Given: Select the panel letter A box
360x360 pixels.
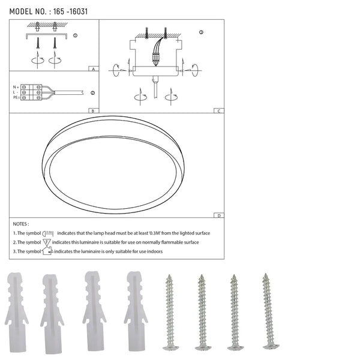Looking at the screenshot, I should click(x=93, y=69).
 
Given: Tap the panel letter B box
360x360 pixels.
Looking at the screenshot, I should click(x=93, y=110).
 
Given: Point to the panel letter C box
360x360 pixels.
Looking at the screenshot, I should click(x=220, y=110).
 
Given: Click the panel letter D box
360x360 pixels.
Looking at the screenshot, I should click(x=220, y=215).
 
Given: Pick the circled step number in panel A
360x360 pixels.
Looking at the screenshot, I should click(x=75, y=35).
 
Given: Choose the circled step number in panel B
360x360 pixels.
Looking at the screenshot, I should click(x=92, y=93).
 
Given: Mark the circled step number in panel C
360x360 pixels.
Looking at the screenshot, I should click(x=201, y=31).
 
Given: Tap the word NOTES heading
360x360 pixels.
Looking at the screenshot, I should click(x=20, y=223).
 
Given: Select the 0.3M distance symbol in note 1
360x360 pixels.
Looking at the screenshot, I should click(x=49, y=232).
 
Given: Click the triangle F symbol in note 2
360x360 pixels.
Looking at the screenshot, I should click(x=47, y=242).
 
